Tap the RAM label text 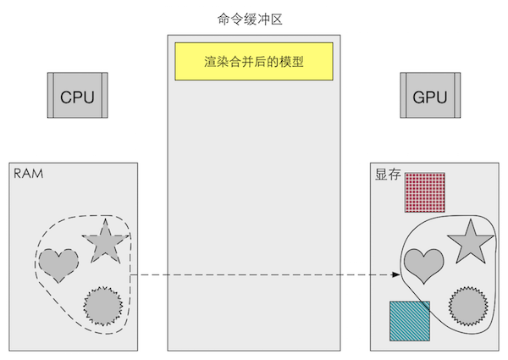pyautogui.click(x=29, y=174)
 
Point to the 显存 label pyautogui.click(x=388, y=174)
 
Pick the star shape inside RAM pyautogui.click(x=104, y=241)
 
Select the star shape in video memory pyautogui.click(x=469, y=241)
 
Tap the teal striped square pyautogui.click(x=409, y=320)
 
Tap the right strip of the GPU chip pyautogui.click(x=456, y=96)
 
